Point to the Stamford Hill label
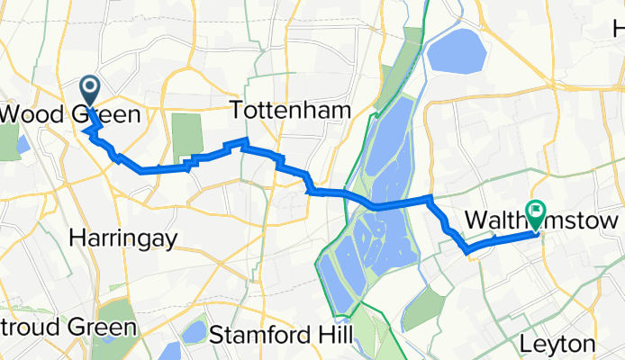point(277,336)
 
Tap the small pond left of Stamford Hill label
point(194,332)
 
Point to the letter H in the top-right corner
point(619,29)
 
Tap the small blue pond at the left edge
point(22,143)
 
